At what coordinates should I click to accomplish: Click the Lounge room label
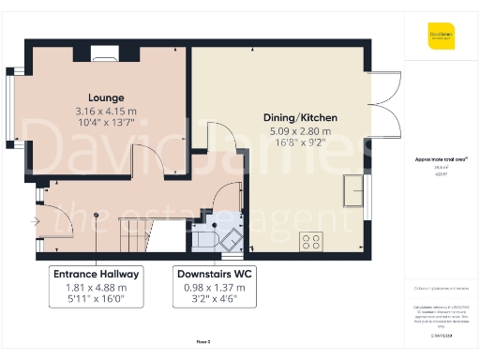(x=106, y=97)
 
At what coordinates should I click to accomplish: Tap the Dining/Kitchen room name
(x=300, y=117)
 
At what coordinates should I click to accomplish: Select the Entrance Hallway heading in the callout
(x=97, y=274)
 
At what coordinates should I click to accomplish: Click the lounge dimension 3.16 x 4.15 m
(x=106, y=112)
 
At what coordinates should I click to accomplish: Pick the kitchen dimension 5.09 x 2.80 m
(x=300, y=131)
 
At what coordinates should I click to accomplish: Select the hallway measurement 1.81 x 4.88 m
(x=97, y=288)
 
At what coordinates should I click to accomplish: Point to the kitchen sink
(x=354, y=190)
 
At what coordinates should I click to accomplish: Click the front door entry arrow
(x=35, y=222)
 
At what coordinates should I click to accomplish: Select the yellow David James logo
(x=441, y=40)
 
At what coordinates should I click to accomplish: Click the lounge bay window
(x=11, y=108)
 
